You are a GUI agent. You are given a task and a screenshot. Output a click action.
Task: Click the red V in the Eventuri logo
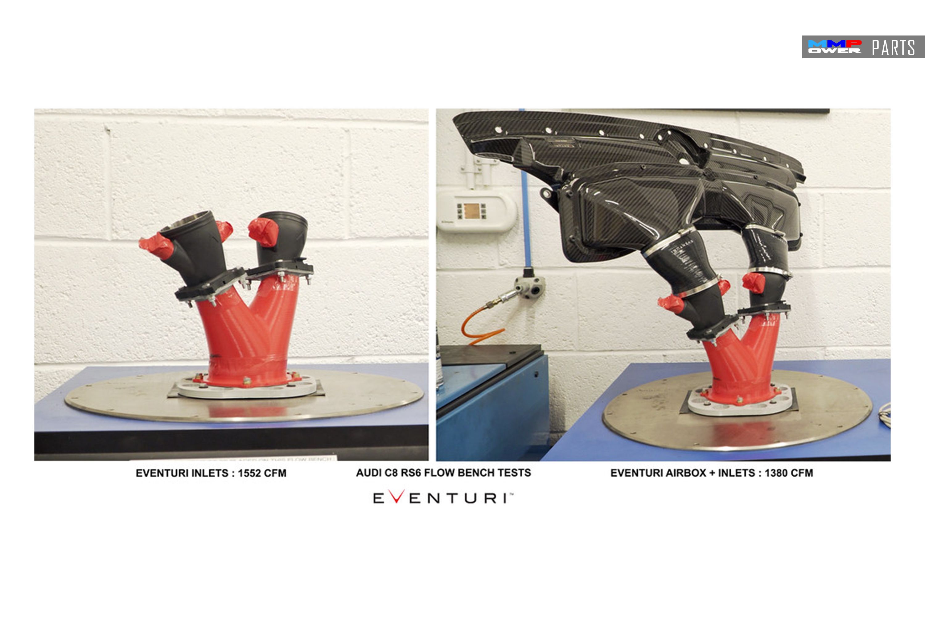[397, 497]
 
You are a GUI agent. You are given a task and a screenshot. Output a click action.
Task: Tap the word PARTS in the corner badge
[894, 48]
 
